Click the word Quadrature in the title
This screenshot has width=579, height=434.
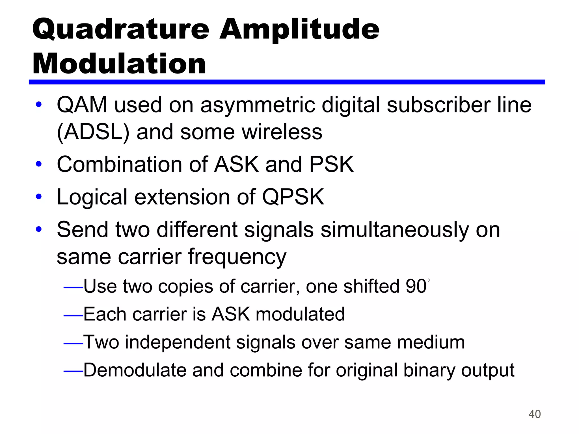pyautogui.click(x=121, y=30)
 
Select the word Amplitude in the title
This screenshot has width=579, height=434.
pyautogui.click(x=299, y=30)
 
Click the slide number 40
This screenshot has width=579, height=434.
pyautogui.click(x=534, y=414)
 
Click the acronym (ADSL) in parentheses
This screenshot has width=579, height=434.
pyautogui.click(x=93, y=132)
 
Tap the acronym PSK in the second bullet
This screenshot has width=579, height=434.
pyautogui.click(x=331, y=164)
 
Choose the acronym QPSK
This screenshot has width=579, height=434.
pyautogui.click(x=293, y=197)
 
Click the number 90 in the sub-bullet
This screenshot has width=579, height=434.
pyautogui.click(x=416, y=287)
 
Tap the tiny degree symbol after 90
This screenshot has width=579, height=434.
pyautogui.click(x=429, y=280)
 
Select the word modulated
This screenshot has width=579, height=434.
pyautogui.click(x=300, y=314)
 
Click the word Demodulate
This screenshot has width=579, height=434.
pyautogui.click(x=135, y=370)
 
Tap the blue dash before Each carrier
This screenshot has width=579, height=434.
pyautogui.click(x=73, y=315)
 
